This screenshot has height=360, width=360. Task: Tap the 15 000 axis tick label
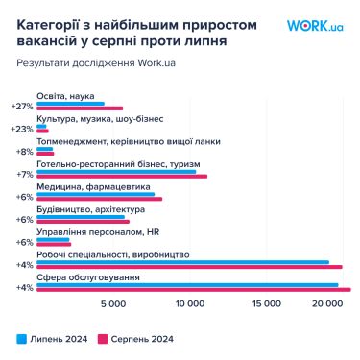point(265,304)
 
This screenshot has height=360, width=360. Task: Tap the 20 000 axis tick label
point(328,304)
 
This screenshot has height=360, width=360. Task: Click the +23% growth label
point(20,129)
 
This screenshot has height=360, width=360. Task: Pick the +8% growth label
point(23,152)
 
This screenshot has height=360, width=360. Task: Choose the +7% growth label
point(23,175)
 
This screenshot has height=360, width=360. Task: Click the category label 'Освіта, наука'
point(64,95)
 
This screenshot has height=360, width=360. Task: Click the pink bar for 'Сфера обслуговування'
point(192,289)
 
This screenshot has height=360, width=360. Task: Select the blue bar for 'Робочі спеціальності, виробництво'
point(182,262)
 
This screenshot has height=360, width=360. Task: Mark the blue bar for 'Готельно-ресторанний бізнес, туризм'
point(115,171)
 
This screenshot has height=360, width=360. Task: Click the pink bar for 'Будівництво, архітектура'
point(82,221)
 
